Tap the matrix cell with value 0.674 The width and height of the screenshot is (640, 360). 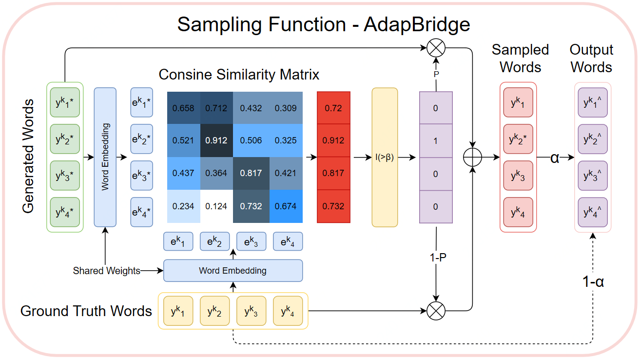[286, 206]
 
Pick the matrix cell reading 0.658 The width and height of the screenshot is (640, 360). [183, 108]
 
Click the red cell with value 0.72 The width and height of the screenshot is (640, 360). [333, 108]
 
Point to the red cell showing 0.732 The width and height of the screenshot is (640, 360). [333, 206]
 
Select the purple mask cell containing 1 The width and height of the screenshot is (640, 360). [436, 140]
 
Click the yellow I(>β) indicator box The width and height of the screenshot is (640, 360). [385, 157]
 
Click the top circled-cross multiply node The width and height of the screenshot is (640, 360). [436, 48]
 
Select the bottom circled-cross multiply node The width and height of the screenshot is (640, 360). [436, 311]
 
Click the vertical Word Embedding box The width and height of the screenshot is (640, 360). [105, 157]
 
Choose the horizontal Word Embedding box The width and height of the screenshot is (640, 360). [233, 270]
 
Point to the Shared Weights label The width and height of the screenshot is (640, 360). [107, 270]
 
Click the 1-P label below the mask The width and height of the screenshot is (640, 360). [436, 257]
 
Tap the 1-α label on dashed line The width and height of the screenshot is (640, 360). [593, 281]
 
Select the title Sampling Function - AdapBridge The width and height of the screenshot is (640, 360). [323, 24]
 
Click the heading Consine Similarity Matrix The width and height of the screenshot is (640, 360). [239, 75]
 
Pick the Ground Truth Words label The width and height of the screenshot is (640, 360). [86, 311]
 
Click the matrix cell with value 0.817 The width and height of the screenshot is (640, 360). [252, 173]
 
